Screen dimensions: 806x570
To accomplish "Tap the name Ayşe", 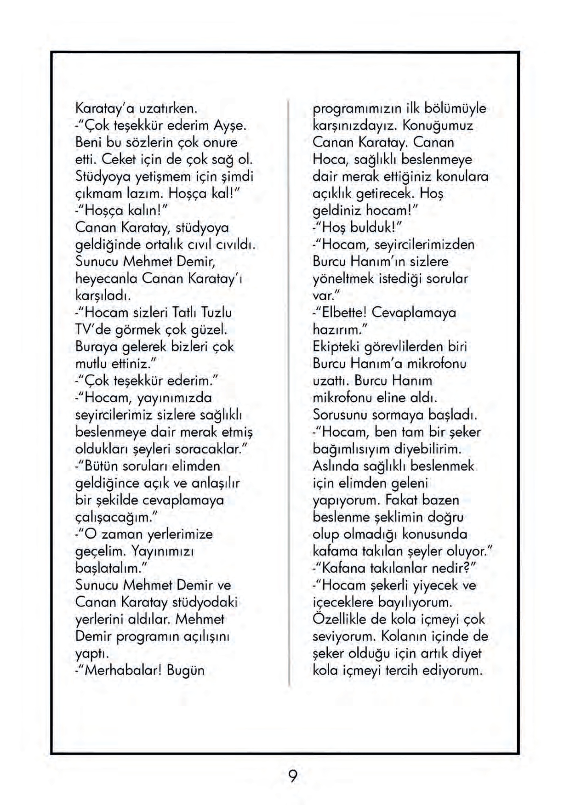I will coord(231,125).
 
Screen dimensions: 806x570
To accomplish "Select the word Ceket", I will coord(119,159).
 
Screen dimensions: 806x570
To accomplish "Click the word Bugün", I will coord(186,670).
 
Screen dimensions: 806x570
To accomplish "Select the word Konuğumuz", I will coord(438,125).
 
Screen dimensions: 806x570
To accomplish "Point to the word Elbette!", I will coord(345,313).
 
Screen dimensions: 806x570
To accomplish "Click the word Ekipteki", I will coord(339,347).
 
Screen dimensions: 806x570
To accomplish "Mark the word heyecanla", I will coord(106,279).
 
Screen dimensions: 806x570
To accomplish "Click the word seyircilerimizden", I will coord(424,245).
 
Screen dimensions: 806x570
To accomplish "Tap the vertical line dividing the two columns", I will coord(289,391).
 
